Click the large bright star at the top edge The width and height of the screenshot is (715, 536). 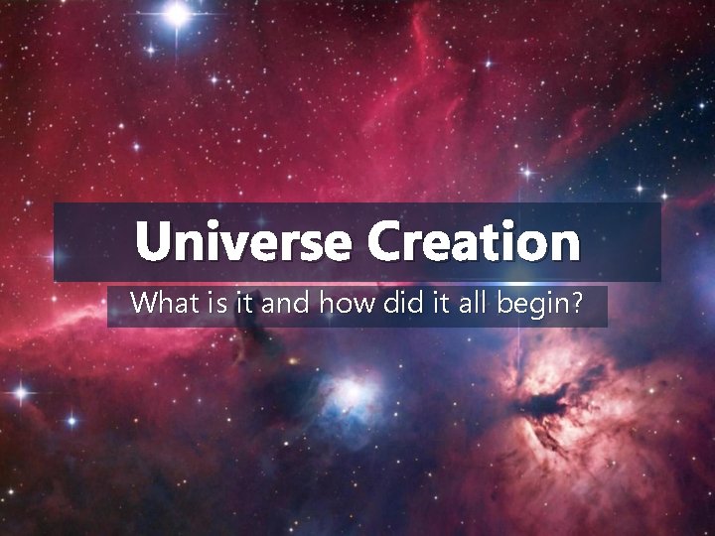coord(178,13)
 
